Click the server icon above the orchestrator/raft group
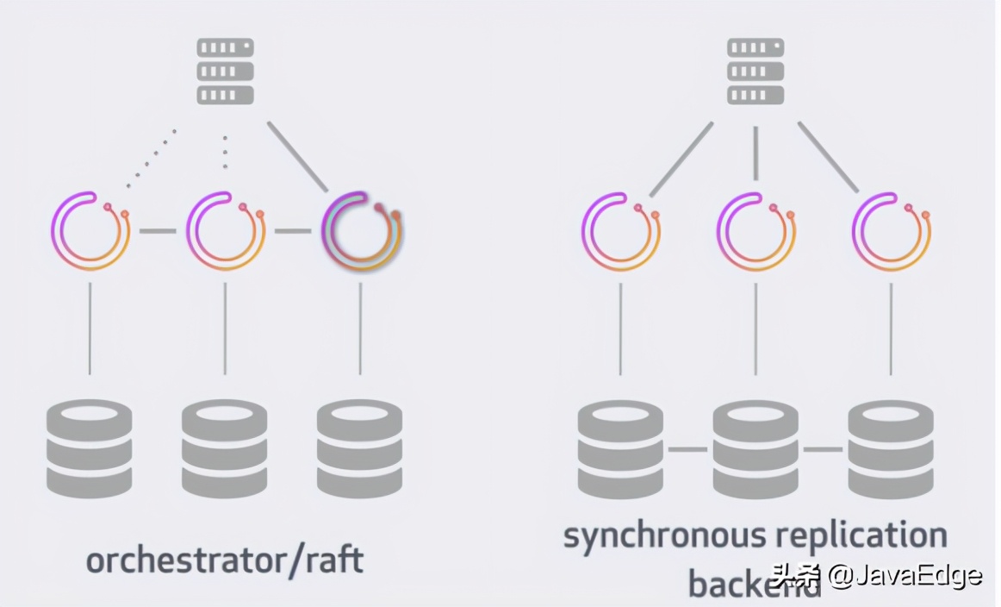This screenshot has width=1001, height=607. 226,71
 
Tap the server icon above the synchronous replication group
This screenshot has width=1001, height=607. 755,71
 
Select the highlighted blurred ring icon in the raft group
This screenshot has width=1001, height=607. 362,231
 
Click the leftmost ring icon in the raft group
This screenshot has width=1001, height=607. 90,231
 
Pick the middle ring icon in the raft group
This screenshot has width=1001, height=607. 226,231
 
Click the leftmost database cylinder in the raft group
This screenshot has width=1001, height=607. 89,448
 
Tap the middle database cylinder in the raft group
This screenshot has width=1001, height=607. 225,448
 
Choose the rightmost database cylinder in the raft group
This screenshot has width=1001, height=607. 360,448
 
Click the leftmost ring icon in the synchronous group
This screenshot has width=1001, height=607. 620,231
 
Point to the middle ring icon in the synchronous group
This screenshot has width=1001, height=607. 755,231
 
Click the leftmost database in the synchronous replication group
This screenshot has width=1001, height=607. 620,448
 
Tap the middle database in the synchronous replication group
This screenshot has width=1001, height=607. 755,448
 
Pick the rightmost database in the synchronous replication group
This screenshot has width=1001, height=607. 891,448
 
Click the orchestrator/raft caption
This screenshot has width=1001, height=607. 225,560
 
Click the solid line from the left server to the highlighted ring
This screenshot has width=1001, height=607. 298,156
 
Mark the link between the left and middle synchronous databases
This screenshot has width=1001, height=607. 687,449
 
